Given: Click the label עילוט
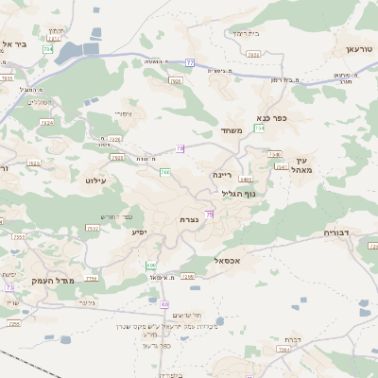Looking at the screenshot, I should (x=97, y=179).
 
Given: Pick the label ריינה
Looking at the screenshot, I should (x=222, y=175).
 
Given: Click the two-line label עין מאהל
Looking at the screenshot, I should (x=302, y=165).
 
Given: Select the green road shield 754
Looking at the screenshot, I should (x=260, y=141).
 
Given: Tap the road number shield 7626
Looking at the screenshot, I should (x=176, y=81).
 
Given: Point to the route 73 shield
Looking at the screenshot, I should (x=10, y=286).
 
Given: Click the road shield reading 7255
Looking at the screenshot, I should (x=13, y=324).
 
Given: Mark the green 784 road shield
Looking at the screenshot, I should (x=48, y=47).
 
